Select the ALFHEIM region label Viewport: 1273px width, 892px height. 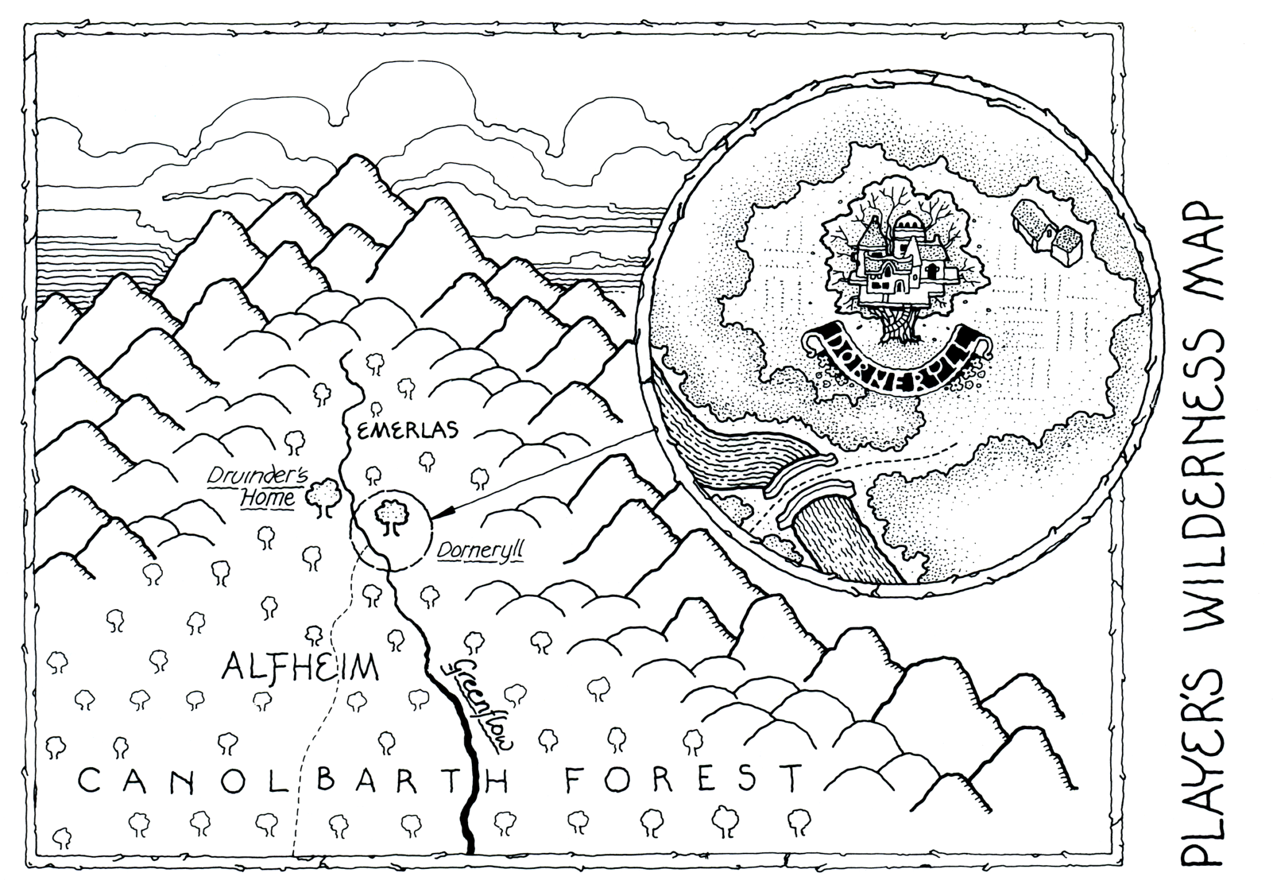(x=300, y=669)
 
